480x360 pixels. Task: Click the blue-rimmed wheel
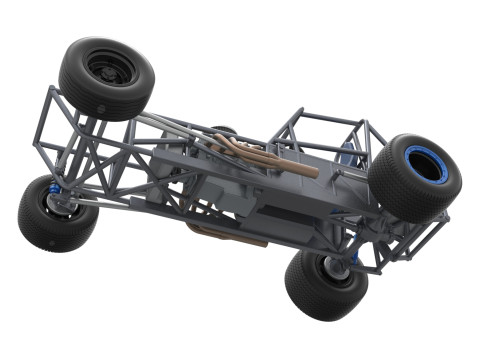[x=415, y=177]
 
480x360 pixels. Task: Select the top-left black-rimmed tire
[x=106, y=78]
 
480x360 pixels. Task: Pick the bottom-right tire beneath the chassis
[x=326, y=283]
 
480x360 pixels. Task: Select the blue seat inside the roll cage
[x=347, y=155]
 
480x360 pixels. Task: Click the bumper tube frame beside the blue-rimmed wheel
[x=420, y=235]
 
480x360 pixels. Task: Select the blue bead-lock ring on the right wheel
[x=427, y=165]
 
